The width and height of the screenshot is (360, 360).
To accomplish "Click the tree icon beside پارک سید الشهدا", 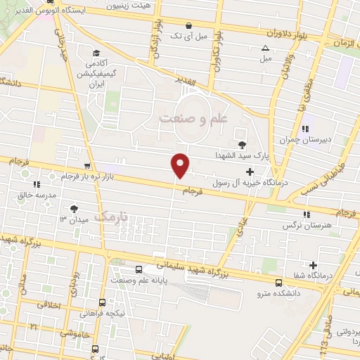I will coord(243,143).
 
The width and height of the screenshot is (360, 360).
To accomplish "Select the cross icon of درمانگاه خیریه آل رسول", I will coord(250,172).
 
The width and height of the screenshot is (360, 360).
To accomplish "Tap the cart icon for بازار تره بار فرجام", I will coord(86,167).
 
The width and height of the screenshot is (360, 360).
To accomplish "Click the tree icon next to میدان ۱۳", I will coord(74,208).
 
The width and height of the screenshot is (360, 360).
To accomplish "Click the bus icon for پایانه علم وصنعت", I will coord(139,269).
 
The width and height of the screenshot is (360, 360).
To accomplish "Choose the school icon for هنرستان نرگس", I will coord(306,214).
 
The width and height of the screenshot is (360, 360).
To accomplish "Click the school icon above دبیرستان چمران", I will coord(305,129).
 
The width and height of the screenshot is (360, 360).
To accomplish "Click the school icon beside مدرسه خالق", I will coord(37,184).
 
